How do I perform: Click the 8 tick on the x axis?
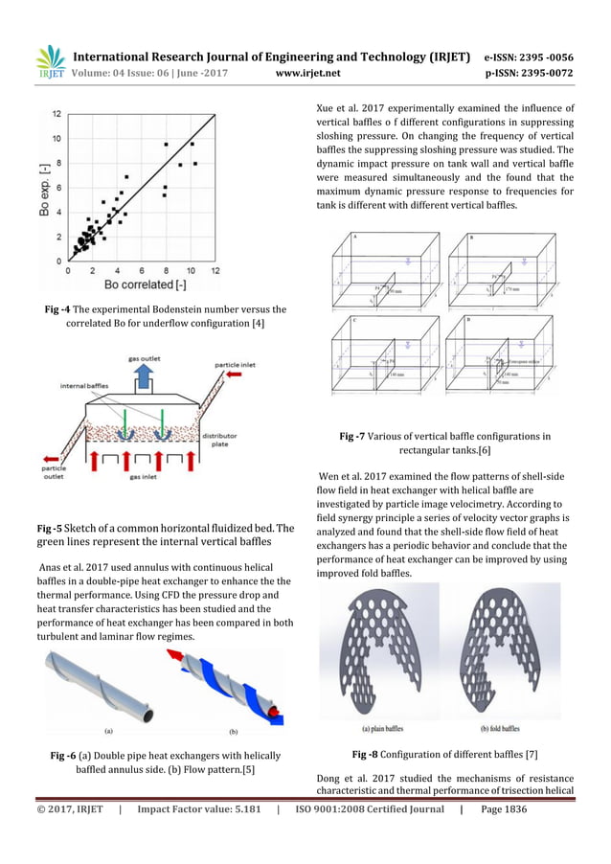166,271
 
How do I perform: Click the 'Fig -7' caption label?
356,437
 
